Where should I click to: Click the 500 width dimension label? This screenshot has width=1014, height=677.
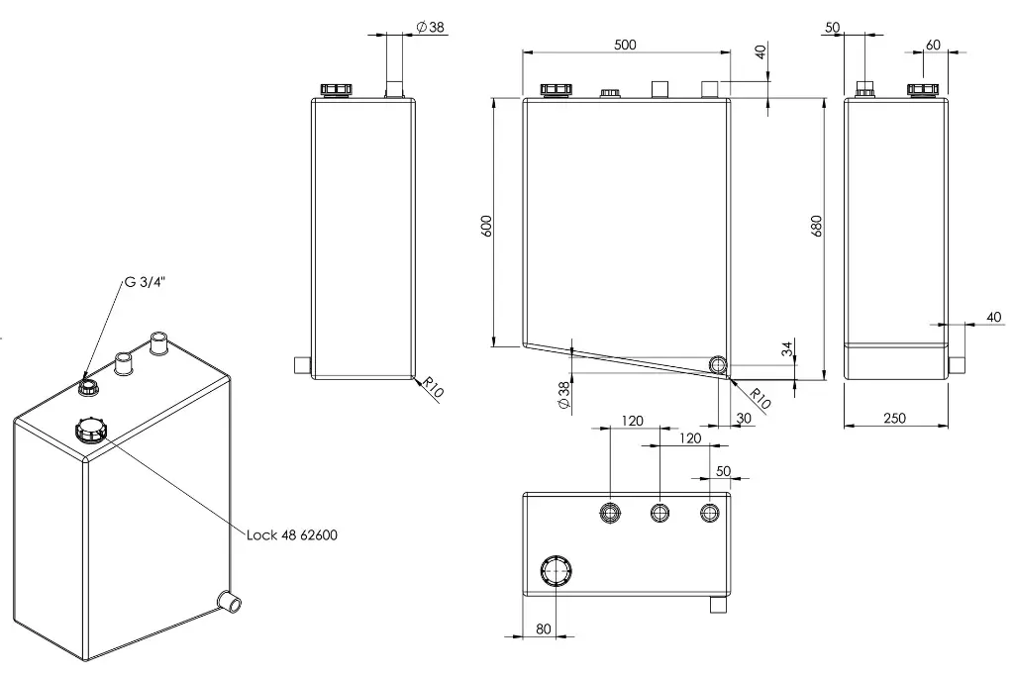[625, 45]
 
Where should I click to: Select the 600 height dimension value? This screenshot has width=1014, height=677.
[487, 225]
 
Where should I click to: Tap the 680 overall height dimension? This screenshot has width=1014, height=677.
[816, 226]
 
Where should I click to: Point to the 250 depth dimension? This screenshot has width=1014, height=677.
[894, 419]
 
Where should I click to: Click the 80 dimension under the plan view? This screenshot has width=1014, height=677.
[544, 629]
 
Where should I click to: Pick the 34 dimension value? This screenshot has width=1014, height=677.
[787, 349]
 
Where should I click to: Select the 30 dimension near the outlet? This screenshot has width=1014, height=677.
[744, 419]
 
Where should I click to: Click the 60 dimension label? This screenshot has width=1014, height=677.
[933, 45]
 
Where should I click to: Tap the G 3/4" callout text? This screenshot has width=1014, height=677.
[145, 282]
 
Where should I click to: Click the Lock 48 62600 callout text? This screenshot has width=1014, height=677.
[292, 535]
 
